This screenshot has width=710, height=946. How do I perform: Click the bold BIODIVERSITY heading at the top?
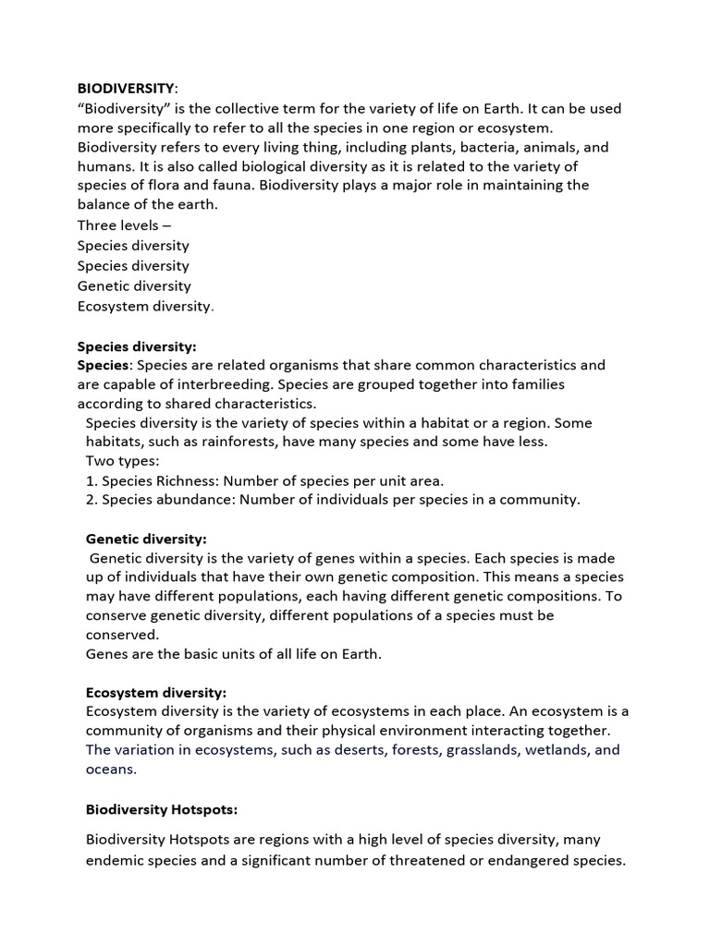click(x=126, y=89)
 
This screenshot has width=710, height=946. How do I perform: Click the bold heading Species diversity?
click(x=137, y=346)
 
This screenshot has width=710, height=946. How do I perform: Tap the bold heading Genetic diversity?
click(x=146, y=538)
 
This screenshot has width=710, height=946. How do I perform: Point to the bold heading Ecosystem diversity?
click(x=155, y=692)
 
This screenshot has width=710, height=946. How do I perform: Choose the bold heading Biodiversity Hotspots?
click(x=162, y=809)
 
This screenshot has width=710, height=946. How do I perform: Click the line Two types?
click(x=122, y=461)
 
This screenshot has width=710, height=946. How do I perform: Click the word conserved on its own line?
click(x=122, y=635)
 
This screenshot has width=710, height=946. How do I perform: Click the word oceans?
click(x=111, y=769)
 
